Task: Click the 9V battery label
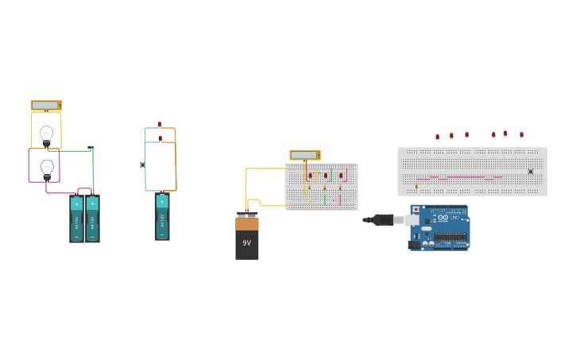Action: click(x=246, y=242)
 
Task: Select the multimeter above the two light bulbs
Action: click(x=46, y=105)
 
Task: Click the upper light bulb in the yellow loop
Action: click(x=46, y=134)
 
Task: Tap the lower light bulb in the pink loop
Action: click(x=47, y=168)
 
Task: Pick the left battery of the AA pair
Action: click(x=76, y=219)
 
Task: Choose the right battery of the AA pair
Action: click(x=92, y=219)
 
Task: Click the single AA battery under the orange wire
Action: click(x=162, y=216)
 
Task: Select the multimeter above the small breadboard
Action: click(x=304, y=155)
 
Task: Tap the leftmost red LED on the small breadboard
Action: click(x=310, y=176)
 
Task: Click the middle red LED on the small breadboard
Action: click(x=325, y=176)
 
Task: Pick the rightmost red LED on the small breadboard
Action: click(x=341, y=176)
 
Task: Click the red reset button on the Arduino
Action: click(x=416, y=210)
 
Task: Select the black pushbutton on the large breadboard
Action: click(x=531, y=172)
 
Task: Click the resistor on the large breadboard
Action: click(x=416, y=186)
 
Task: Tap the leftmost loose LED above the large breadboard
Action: click(x=437, y=137)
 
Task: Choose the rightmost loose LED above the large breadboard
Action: click(x=521, y=135)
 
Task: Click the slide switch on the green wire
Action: click(x=91, y=149)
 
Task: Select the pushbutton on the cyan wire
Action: click(x=143, y=165)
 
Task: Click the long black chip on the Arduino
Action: click(x=450, y=236)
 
